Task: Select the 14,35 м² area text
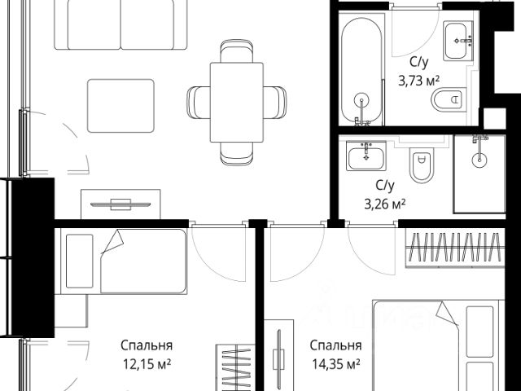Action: (x=335, y=362)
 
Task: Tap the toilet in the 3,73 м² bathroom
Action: (x=447, y=100)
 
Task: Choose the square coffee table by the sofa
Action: (x=120, y=105)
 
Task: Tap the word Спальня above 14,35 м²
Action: (x=335, y=345)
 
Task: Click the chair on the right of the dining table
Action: (x=276, y=100)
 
